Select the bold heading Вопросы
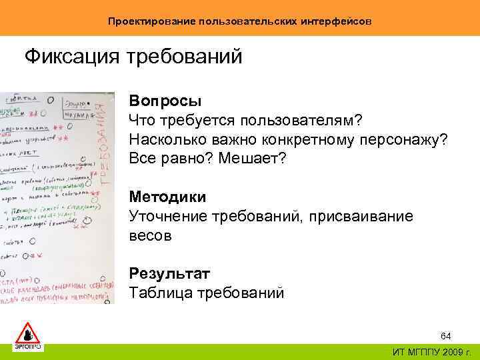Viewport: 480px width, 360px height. pyautogui.click(x=165, y=101)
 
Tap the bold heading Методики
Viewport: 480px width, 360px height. pyautogui.click(x=168, y=197)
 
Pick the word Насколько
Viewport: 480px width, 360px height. pyautogui.click(x=162, y=140)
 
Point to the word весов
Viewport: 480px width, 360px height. pyautogui.click(x=150, y=235)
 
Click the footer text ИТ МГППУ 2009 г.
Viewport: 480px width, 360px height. pyautogui.click(x=429, y=351)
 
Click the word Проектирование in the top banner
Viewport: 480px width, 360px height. pyautogui.click(x=150, y=22)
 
